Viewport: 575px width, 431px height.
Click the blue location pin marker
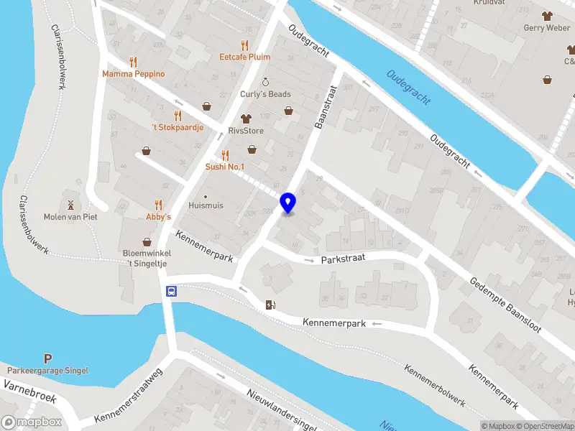click(288, 203)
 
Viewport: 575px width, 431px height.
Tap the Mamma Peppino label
click(133, 74)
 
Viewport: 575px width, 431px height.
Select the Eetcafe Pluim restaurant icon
click(244, 44)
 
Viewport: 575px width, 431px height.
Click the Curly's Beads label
click(265, 94)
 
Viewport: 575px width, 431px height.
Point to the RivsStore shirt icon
click(246, 119)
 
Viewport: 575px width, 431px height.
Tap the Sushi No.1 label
click(225, 167)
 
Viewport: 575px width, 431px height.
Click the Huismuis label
click(205, 205)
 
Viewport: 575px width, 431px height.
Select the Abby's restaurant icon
click(159, 205)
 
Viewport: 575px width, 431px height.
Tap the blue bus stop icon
click(172, 292)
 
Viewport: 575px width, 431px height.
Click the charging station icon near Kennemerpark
click(270, 305)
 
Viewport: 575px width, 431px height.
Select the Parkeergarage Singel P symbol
click(47, 358)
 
